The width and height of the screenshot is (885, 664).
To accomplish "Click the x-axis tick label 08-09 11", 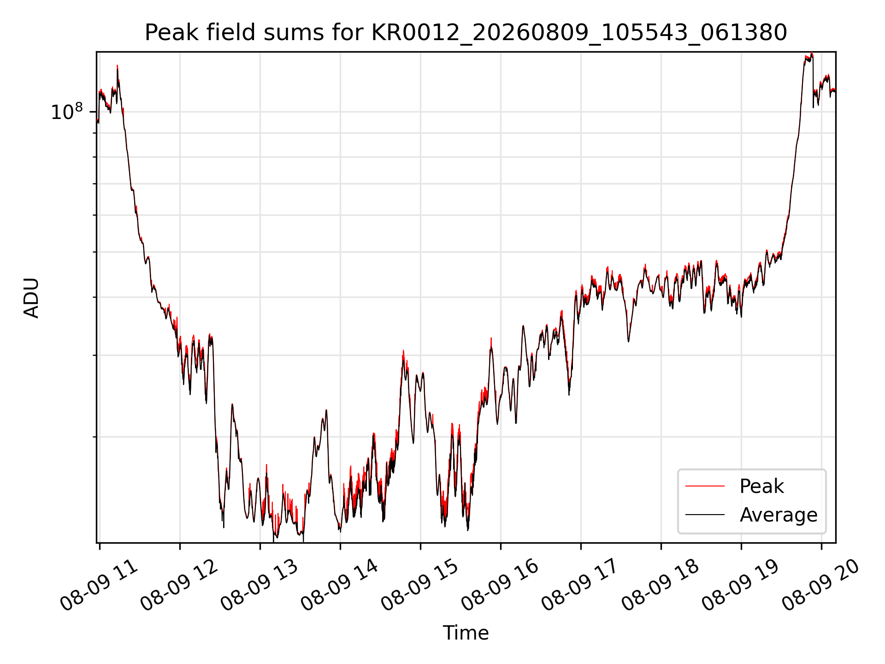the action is click(100, 585).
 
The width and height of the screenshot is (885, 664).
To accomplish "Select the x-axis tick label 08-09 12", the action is click(180, 585).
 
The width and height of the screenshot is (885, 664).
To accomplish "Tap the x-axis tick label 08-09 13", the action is click(260, 585).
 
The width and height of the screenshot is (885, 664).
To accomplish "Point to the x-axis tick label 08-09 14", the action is click(340, 585).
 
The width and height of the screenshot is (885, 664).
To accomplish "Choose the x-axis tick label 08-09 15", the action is click(420, 585).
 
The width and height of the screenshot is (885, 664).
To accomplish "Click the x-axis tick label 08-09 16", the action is click(501, 585).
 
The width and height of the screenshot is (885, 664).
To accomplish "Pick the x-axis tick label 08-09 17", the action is click(581, 585).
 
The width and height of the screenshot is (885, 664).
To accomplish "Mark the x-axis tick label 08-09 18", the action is click(661, 585).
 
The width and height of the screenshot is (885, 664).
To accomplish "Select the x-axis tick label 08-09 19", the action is click(741, 585).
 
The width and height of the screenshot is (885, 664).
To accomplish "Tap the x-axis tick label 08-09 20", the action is click(821, 585).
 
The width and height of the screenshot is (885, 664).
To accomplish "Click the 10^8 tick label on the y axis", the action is click(67, 112).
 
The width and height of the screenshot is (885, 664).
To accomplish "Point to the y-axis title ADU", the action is click(31, 298).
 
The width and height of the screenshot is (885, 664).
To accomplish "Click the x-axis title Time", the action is click(466, 633).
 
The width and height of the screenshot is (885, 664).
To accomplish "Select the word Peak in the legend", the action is click(761, 486).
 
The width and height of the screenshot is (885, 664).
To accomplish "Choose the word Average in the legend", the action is click(779, 515).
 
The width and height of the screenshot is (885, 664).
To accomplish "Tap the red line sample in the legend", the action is click(705, 486).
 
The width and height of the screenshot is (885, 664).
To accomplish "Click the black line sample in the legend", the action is click(705, 515).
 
